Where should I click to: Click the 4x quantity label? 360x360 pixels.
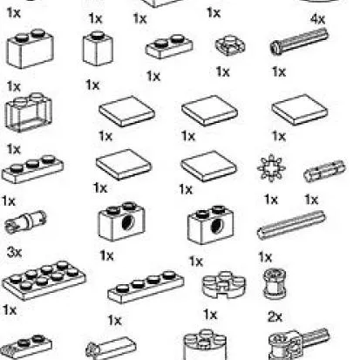318,18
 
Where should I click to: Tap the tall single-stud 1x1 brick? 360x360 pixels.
98,48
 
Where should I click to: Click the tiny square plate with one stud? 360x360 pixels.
228,44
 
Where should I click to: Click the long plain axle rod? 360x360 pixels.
291,228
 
